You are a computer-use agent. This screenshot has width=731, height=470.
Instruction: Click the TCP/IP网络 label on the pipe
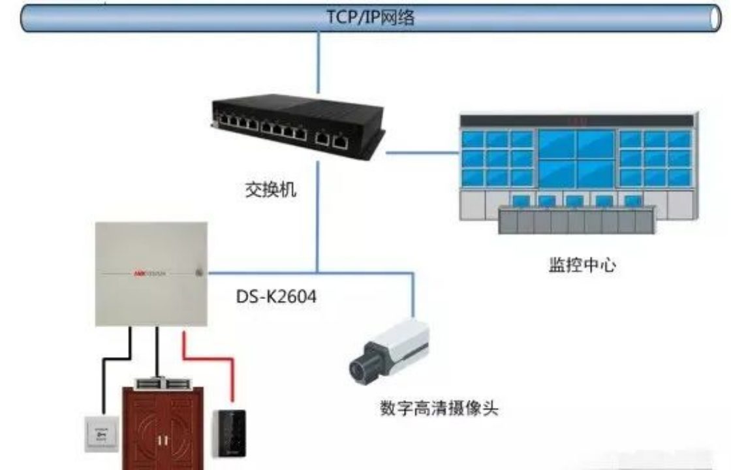coord(370,18)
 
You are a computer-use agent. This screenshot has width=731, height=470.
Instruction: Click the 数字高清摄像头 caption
coord(439,409)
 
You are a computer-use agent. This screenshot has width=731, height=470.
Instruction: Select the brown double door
coord(163,428)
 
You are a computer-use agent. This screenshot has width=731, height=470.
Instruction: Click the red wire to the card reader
coord(231,379)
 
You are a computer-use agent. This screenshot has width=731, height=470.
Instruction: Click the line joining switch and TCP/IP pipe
coord(319,62)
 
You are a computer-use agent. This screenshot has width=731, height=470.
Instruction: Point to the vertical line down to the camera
coord(413,294)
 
